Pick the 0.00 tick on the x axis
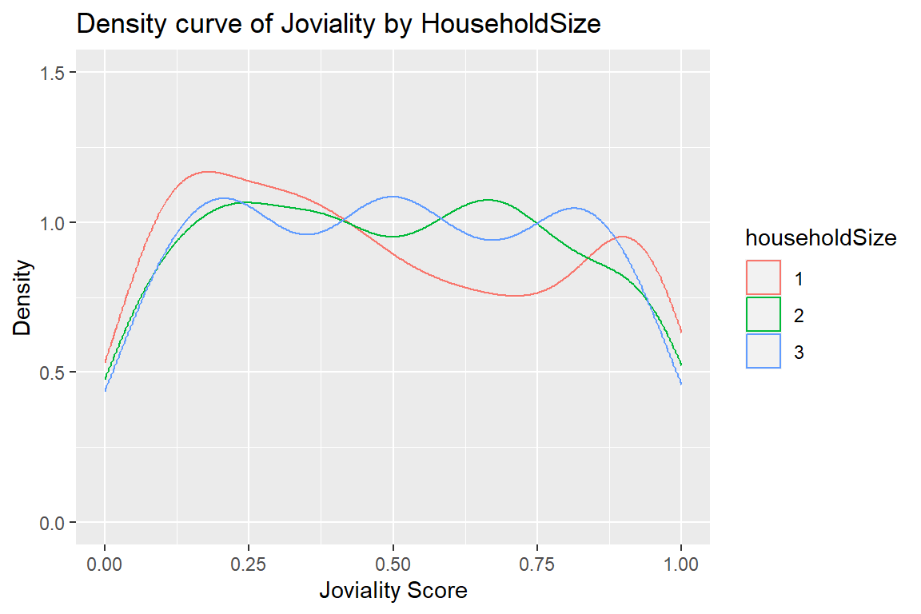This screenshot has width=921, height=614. pyautogui.click(x=105, y=564)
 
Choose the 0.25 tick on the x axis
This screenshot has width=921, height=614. pyautogui.click(x=249, y=564)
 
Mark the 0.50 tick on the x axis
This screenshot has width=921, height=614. pyautogui.click(x=393, y=564)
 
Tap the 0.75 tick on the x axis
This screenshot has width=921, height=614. pyautogui.click(x=537, y=564)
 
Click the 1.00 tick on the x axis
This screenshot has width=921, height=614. pyautogui.click(x=681, y=564)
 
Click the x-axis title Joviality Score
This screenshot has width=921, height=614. pyautogui.click(x=393, y=592)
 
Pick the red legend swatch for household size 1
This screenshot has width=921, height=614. pyautogui.click(x=764, y=278)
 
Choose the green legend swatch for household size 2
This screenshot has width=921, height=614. pyautogui.click(x=764, y=315)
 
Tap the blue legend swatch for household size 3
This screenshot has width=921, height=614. pyautogui.click(x=764, y=352)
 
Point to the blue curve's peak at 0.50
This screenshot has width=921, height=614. pyautogui.click(x=393, y=196)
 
